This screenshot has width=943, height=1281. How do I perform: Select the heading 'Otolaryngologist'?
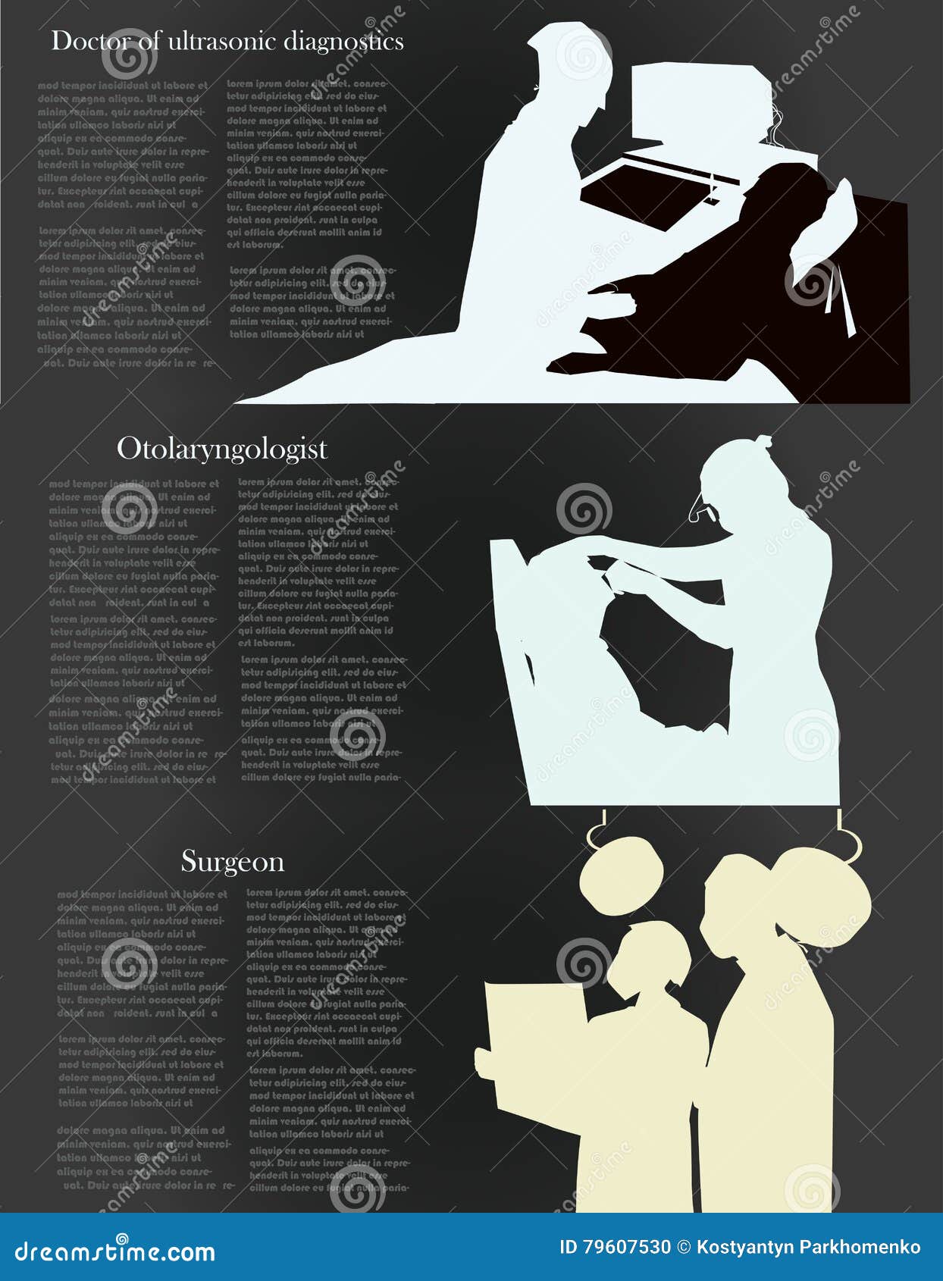[x=221, y=449]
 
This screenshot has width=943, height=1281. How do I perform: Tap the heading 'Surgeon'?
[x=233, y=862]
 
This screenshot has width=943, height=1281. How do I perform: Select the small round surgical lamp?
[x=620, y=875]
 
